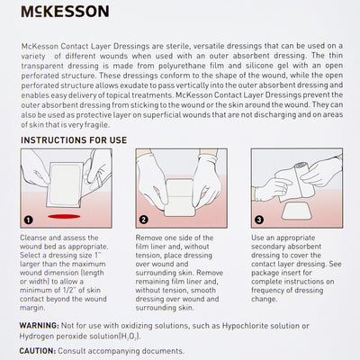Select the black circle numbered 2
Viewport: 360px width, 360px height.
(x=144, y=219)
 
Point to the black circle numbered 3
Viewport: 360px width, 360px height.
(x=259, y=219)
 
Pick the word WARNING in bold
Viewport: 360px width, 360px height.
(x=44, y=324)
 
